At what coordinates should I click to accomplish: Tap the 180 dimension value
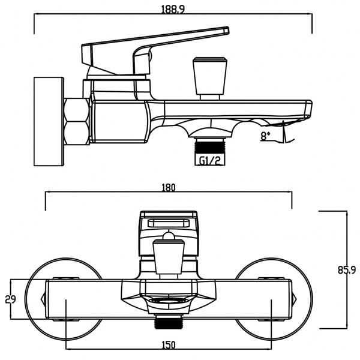pyautogui.click(x=168, y=188)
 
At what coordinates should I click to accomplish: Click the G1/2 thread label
pyautogui.click(x=211, y=160)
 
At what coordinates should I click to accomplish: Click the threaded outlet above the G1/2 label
pyautogui.click(x=211, y=146)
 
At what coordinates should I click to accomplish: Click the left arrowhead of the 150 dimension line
pyautogui.click(x=68, y=350)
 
